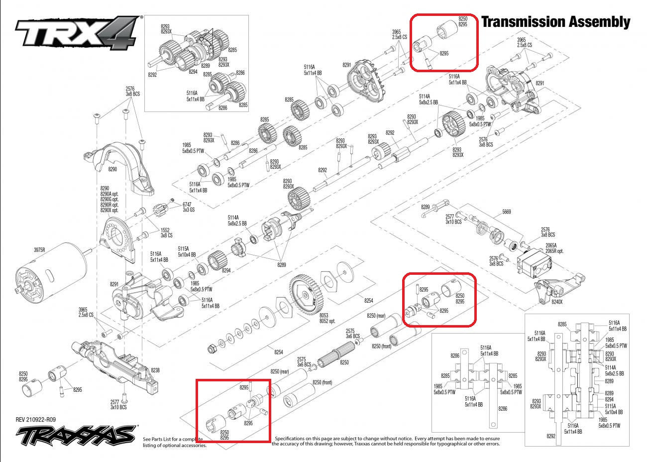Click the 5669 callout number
[506, 212]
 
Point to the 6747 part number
[188, 204]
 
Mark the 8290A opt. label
[109, 194]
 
